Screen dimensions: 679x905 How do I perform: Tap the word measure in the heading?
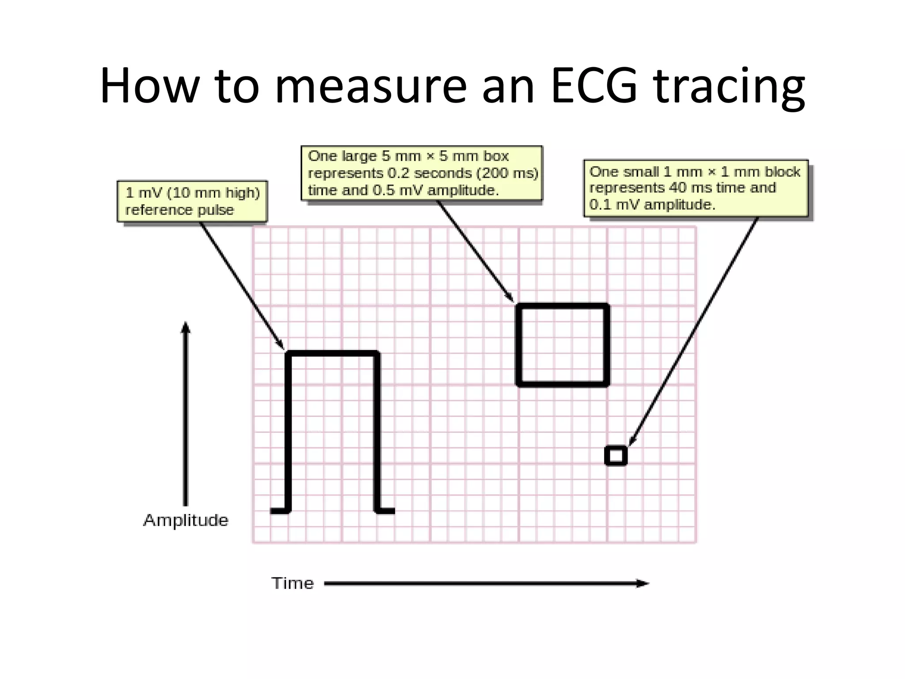[x=371, y=86]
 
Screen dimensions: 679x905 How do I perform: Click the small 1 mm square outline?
[x=616, y=455]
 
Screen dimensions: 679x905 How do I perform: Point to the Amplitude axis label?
[x=186, y=520]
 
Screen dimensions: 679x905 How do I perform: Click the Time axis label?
[x=293, y=584]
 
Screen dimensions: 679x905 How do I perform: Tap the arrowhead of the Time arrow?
[x=643, y=584]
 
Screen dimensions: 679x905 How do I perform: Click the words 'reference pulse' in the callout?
[x=179, y=210]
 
